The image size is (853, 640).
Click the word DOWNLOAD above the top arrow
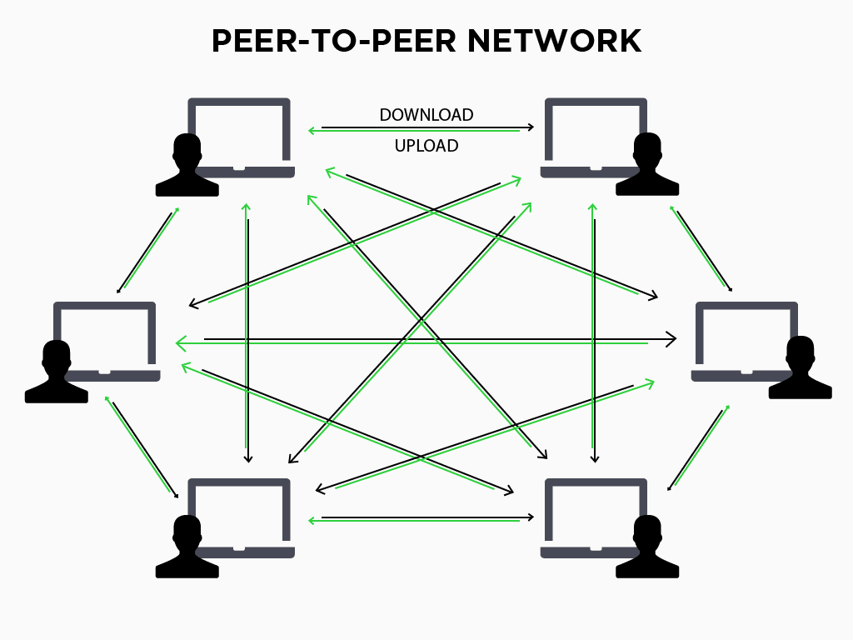point(426,115)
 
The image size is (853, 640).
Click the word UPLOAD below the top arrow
point(426,146)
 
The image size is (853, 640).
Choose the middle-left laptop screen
point(105,333)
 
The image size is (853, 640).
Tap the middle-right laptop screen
point(746,333)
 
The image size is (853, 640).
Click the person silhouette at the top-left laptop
point(187,167)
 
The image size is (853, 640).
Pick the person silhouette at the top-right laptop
point(647,167)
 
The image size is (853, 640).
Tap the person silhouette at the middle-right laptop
point(800,369)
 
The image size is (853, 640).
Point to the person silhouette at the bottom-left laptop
point(187,548)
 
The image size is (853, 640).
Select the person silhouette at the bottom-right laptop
point(647,548)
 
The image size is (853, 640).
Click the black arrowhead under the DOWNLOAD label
point(531,127)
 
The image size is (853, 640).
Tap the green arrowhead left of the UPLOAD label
point(312,131)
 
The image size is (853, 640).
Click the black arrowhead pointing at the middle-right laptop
point(672,339)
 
